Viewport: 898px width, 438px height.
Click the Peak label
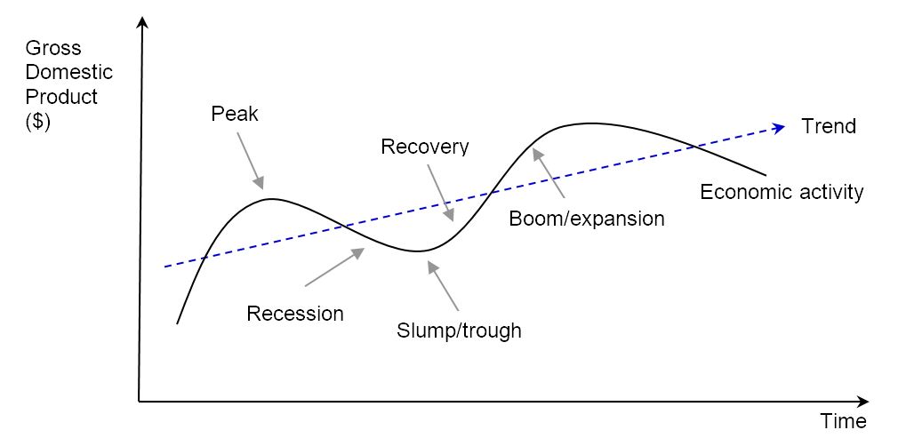click(234, 114)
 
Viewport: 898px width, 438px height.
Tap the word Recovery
click(424, 147)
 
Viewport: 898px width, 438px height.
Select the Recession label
click(294, 314)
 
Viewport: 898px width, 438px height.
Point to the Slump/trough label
click(459, 331)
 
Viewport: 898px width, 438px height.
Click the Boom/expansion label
click(587, 219)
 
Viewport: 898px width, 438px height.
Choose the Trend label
click(829, 126)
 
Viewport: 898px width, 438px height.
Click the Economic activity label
click(782, 192)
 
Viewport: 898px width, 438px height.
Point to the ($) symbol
click(37, 121)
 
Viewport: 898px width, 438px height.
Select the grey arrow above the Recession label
click(335, 267)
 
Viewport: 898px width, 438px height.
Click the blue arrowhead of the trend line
click(779, 127)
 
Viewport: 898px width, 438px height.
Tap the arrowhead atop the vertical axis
click(140, 21)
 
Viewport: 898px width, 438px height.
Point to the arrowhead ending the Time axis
click(862, 402)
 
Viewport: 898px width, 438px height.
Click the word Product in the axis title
click(61, 96)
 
